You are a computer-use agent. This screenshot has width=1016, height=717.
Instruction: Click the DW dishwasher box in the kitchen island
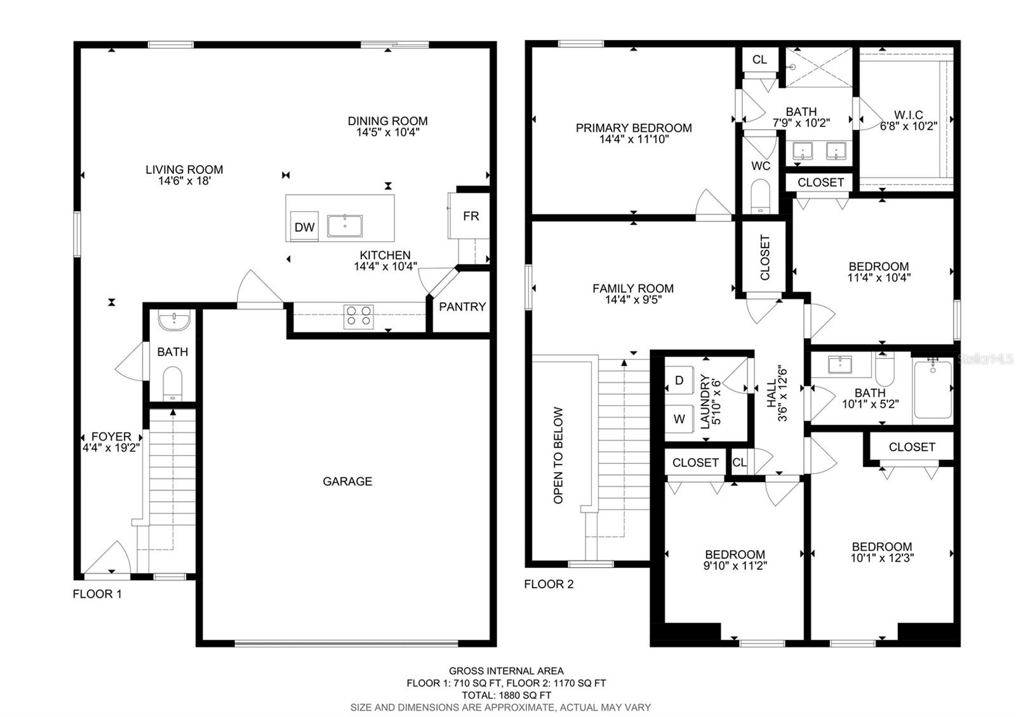(x=304, y=226)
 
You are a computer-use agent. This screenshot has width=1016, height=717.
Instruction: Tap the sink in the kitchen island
(x=345, y=226)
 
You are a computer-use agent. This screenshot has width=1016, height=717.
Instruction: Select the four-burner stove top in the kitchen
(x=359, y=316)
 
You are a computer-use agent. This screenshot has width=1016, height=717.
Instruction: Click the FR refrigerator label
(x=471, y=216)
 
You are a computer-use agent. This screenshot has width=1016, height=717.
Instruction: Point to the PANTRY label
(x=462, y=307)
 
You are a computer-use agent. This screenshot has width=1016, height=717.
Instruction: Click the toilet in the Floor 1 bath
(x=172, y=384)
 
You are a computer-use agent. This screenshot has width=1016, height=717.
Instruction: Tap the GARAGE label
(x=347, y=482)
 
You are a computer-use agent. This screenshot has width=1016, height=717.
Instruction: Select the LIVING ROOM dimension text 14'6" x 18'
(x=184, y=181)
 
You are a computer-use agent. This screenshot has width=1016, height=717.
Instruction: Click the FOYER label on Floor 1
(x=111, y=437)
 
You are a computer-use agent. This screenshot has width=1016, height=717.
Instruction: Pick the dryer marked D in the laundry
(x=679, y=380)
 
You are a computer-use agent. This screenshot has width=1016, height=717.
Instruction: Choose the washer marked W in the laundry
(x=679, y=419)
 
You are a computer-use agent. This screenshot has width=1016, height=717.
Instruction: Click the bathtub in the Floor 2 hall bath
(x=933, y=389)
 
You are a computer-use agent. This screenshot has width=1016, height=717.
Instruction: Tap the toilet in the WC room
(x=760, y=196)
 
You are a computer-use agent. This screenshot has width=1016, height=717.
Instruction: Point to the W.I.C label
(x=909, y=115)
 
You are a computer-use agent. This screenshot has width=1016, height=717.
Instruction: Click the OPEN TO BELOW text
(x=558, y=455)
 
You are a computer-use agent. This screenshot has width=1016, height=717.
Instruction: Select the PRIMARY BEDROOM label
(x=634, y=128)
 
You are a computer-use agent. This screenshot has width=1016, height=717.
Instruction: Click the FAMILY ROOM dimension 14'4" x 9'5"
(x=633, y=299)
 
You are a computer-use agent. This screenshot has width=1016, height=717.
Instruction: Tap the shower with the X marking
(x=819, y=67)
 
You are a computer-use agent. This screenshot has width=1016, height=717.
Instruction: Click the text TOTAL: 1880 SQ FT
(x=506, y=695)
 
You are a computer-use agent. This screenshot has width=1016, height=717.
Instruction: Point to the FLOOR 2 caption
(x=549, y=584)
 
